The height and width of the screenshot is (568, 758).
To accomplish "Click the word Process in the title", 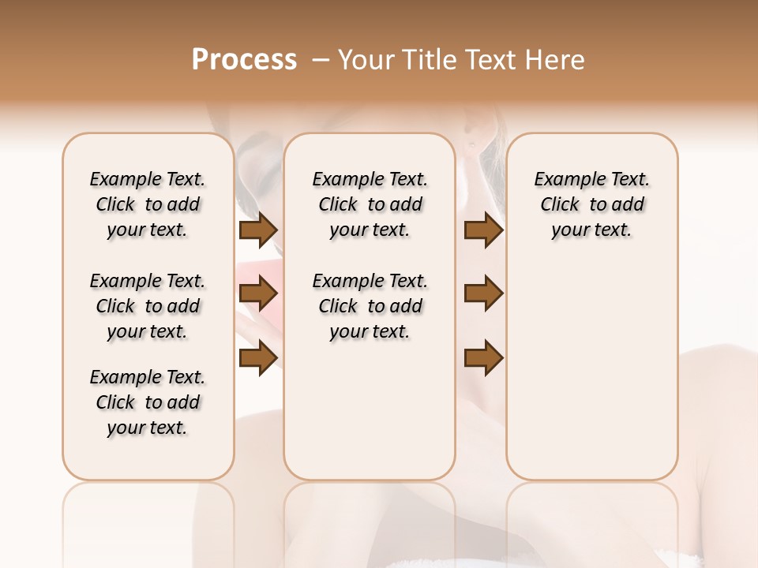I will [x=244, y=60].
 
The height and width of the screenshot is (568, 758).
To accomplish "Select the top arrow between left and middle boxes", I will [x=258, y=230].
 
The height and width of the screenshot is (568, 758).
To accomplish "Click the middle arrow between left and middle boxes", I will [x=258, y=294].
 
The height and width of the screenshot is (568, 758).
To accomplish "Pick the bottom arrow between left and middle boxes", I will [x=258, y=358].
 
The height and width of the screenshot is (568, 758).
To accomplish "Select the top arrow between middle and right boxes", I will [x=483, y=230].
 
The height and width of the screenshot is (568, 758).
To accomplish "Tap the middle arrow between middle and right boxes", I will [x=483, y=294].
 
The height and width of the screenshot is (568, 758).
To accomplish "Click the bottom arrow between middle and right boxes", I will [x=483, y=358].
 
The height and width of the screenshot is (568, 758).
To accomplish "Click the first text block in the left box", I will [x=148, y=204].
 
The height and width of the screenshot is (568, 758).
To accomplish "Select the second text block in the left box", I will [x=148, y=306].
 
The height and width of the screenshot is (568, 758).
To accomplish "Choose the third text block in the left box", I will [x=148, y=402].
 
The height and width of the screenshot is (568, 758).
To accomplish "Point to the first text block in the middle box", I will [x=370, y=204].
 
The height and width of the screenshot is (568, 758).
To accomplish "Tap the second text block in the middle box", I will [x=370, y=306].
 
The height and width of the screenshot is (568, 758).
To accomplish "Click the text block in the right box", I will [x=591, y=204].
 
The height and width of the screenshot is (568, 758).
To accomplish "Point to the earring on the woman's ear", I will [x=472, y=144].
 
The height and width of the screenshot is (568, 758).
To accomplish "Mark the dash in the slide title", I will [x=321, y=60].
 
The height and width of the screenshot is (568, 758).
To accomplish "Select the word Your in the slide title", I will [x=366, y=60].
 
